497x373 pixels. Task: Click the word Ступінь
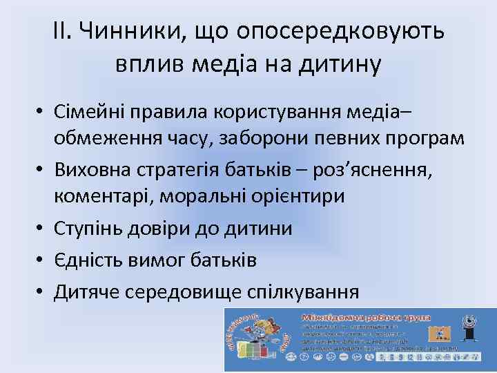tap(89, 228)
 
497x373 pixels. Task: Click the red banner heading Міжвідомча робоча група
tap(366, 317)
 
